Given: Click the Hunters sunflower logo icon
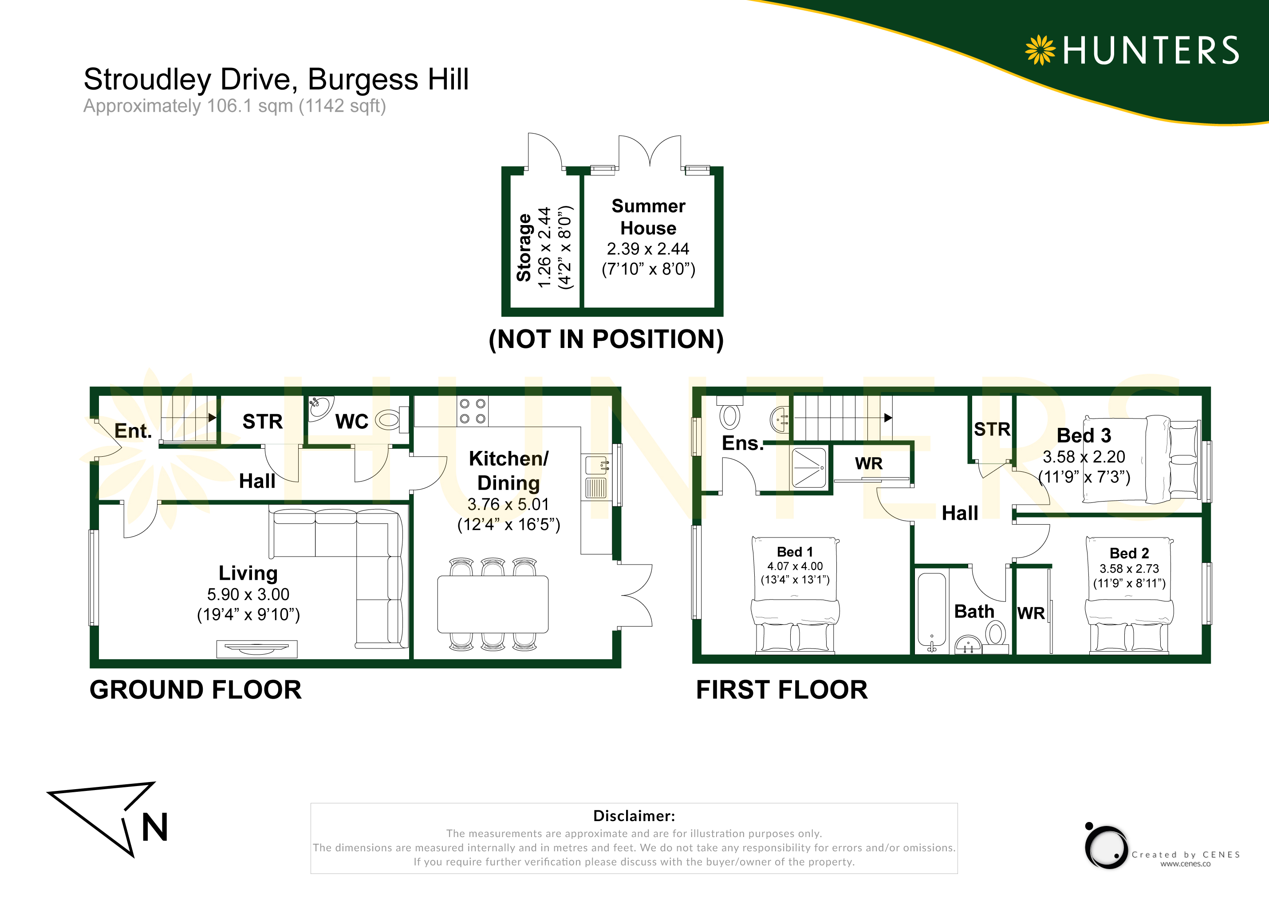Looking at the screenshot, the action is click(1040, 50).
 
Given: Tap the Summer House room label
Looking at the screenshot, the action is click(648, 217).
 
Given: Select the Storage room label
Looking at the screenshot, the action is click(524, 247).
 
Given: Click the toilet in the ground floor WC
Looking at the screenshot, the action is click(392, 420).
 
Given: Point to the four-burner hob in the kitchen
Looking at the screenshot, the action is click(473, 411).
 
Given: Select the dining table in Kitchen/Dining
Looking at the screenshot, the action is click(493, 605).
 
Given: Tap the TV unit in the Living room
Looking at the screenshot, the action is click(257, 649).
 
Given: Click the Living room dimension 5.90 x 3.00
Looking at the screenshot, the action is click(248, 594).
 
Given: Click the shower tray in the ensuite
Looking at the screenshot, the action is click(809, 468).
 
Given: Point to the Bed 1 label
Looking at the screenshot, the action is click(795, 552).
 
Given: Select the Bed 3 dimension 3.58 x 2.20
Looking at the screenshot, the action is click(1084, 457).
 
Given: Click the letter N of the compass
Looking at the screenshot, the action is click(154, 827).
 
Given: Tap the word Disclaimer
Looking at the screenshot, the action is click(634, 816).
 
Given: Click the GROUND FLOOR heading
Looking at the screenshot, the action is click(196, 690).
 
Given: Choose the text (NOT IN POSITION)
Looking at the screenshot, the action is click(606, 339).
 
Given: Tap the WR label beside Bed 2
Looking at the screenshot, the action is click(1031, 613).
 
